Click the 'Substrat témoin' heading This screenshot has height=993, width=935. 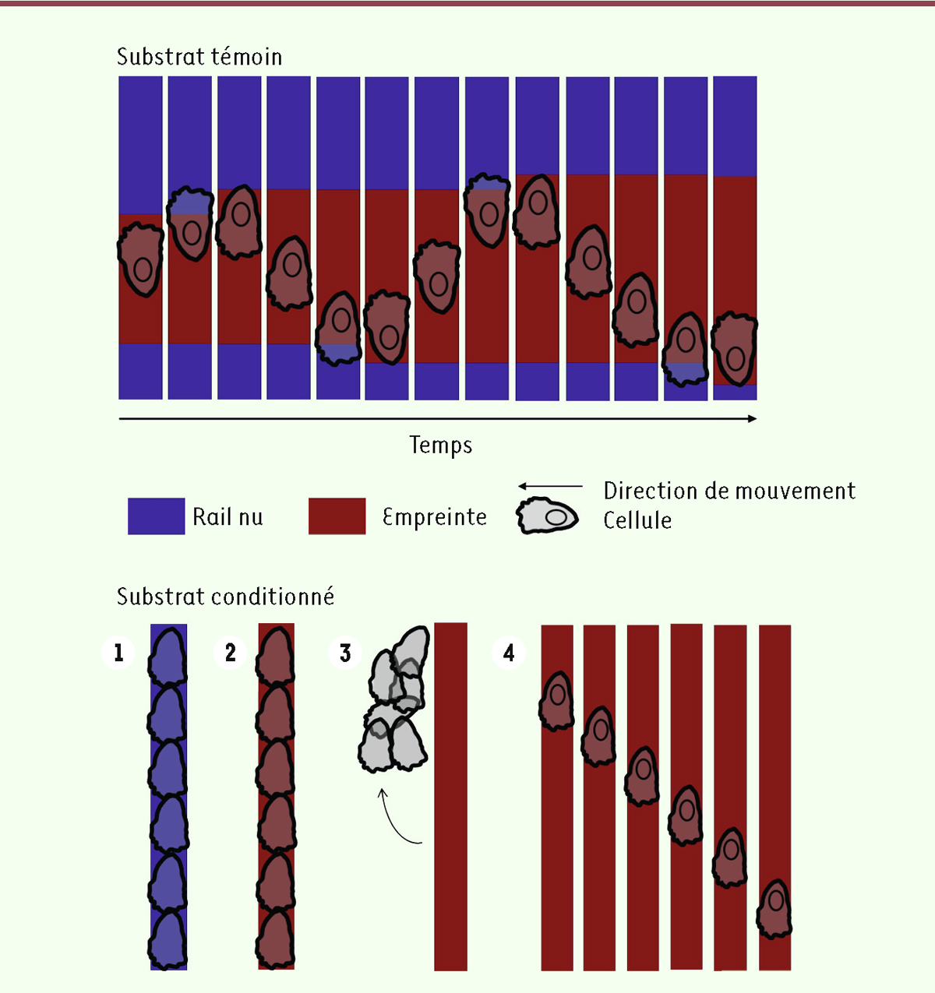coord(199,57)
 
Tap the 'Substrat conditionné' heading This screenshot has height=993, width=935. coord(226,596)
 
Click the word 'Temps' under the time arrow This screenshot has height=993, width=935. coord(441,445)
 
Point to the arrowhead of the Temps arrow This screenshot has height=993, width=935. coord(753,418)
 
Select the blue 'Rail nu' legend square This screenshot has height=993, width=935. coord(156,516)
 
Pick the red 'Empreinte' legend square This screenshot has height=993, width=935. coord(337,516)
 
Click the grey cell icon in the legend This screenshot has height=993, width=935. coord(547,516)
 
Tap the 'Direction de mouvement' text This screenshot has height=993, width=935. coord(729,491)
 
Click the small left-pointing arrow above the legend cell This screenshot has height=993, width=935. coord(550,486)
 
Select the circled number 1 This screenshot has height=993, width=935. coord(118,653)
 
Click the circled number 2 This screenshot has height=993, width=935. coord(230,653)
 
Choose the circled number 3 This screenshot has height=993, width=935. coord(345,653)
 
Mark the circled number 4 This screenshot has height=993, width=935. coord(509,653)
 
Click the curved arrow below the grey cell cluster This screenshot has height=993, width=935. coord(393,820)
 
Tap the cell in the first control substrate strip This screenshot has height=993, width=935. coord(140,259)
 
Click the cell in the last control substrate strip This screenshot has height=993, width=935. coord(735,348)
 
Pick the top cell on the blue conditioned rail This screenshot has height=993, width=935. coord(168,656)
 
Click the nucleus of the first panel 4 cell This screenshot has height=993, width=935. coord(557,695)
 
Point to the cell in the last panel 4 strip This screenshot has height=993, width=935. coord(774,909)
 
